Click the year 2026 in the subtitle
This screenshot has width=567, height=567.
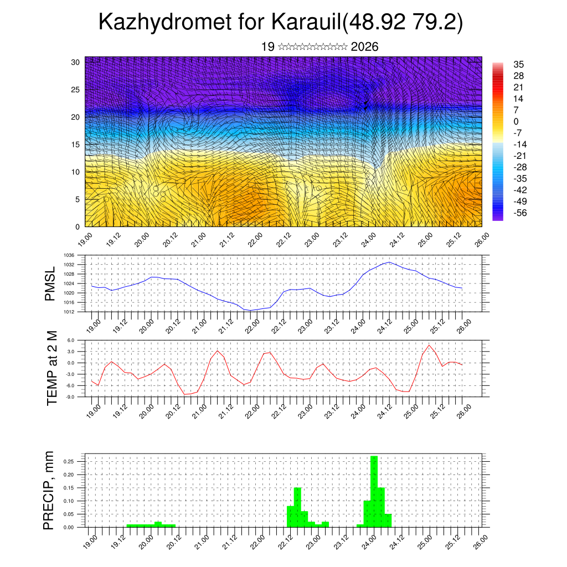(x=364, y=47)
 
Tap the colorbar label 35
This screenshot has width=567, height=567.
(x=519, y=64)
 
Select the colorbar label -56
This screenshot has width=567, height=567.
(x=521, y=213)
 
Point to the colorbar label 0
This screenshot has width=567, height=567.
(x=516, y=121)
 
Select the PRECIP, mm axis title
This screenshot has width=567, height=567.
(x=50, y=491)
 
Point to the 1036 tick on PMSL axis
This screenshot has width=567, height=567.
(x=69, y=255)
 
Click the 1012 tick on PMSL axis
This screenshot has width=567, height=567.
(x=69, y=312)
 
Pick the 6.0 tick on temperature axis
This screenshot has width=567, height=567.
(x=71, y=341)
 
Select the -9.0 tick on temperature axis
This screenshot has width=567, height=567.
(x=70, y=397)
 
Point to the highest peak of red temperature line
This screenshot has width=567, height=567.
(x=429, y=345)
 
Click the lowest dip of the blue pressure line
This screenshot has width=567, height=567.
(x=250, y=311)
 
